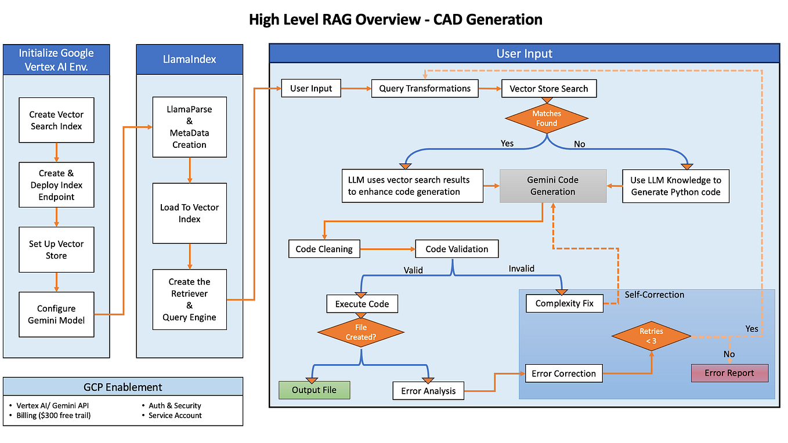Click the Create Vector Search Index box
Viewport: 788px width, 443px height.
point(56,120)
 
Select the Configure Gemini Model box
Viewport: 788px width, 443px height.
point(56,314)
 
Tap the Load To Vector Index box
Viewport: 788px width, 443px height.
point(189,213)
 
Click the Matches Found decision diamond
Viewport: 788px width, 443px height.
point(546,118)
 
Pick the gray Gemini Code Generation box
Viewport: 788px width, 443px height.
point(552,186)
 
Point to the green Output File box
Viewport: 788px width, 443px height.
point(315,390)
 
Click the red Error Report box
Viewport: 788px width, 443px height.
point(729,373)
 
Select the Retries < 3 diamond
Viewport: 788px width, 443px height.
point(651,336)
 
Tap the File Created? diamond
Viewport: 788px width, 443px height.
point(360,332)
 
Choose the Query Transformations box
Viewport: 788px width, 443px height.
point(425,89)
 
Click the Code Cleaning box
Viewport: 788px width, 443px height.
point(324,249)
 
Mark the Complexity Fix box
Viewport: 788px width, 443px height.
point(564,303)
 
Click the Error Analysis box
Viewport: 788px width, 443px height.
point(428,391)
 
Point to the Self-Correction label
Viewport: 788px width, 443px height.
point(654,295)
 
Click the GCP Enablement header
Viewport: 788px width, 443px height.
point(123,387)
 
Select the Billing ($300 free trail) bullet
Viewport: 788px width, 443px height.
point(53,415)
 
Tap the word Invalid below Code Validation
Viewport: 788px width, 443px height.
point(521,268)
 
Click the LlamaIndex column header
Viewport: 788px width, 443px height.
point(189,59)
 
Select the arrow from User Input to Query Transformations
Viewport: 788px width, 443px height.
point(356,89)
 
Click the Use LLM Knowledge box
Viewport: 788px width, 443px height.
point(675,186)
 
